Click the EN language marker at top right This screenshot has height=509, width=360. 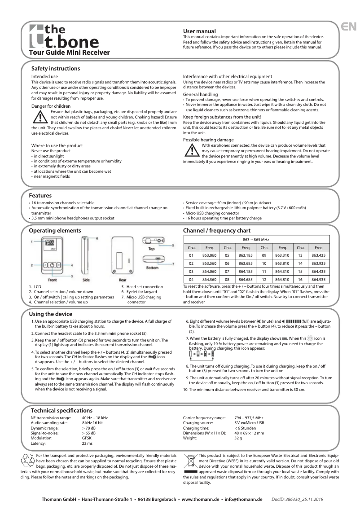click(349, 26)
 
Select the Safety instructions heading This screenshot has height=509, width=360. click(56, 69)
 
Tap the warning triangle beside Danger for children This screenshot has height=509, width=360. click(40, 117)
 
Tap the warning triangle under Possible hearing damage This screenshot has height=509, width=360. click(192, 151)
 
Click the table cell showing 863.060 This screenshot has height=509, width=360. click(210, 255)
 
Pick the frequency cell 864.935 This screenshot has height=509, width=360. click(319, 279)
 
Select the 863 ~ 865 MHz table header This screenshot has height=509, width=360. click(256, 239)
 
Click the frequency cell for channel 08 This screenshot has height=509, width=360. click(246, 279)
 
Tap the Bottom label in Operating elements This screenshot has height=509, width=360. click(152, 268)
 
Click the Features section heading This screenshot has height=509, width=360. click(40, 196)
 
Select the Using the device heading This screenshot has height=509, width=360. click(50, 314)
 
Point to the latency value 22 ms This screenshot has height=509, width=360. click(87, 443)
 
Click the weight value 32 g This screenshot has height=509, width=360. click(238, 438)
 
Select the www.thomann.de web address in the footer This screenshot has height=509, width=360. click(200, 499)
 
